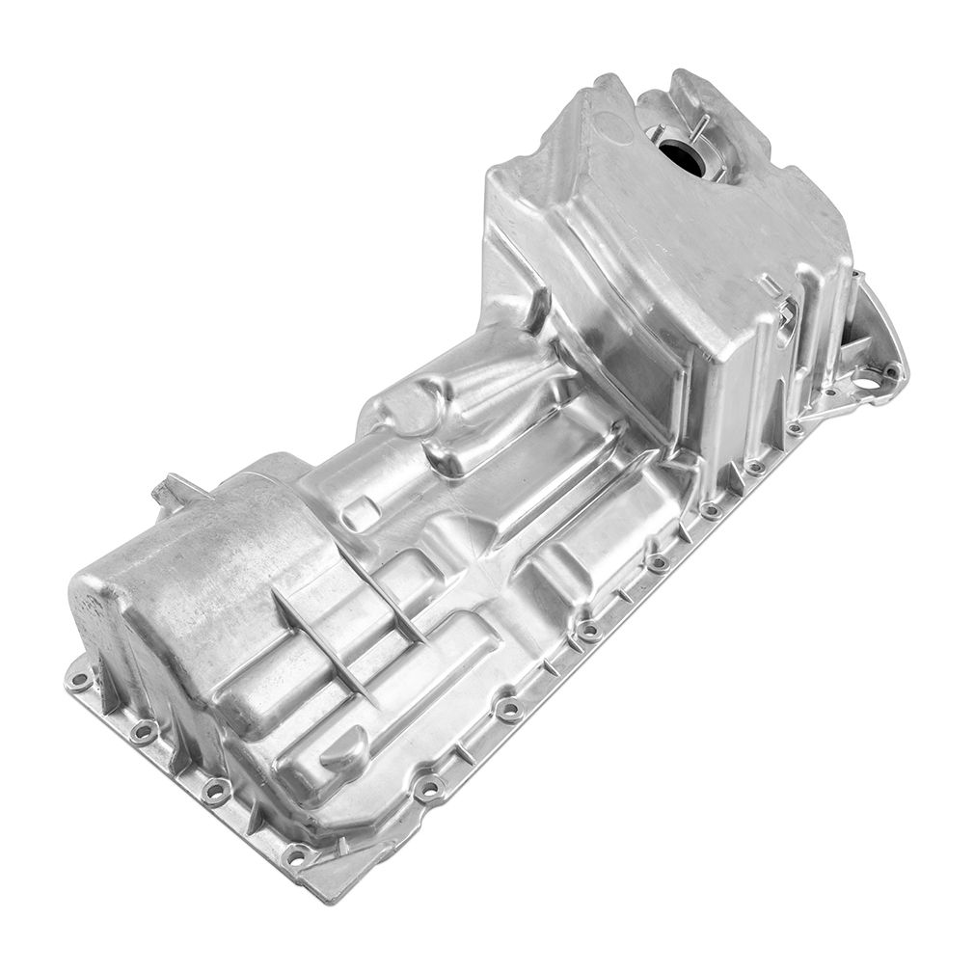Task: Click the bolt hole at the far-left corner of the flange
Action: pyautogui.click(x=84, y=681)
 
